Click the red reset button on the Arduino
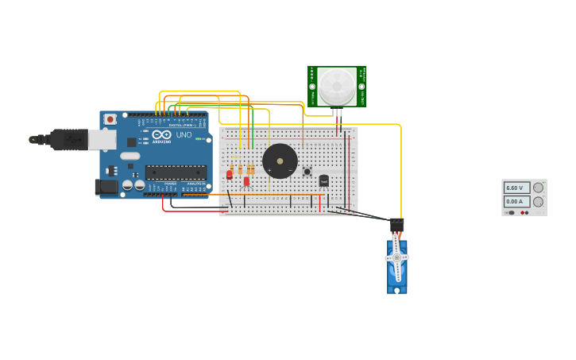coord(109,119)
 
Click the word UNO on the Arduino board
coord(184,135)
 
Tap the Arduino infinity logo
coord(161,134)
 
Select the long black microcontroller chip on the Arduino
coord(176,172)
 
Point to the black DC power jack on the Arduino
coord(105,187)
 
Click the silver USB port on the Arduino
coord(102,140)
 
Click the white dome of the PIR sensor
coord(337,84)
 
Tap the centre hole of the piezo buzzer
coord(280,161)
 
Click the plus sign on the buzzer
coord(269,170)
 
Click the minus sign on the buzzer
coord(290,170)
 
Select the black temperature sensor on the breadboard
coord(323,180)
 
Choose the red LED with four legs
coord(246,181)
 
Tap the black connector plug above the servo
coord(396,226)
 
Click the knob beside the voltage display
coord(538,188)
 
